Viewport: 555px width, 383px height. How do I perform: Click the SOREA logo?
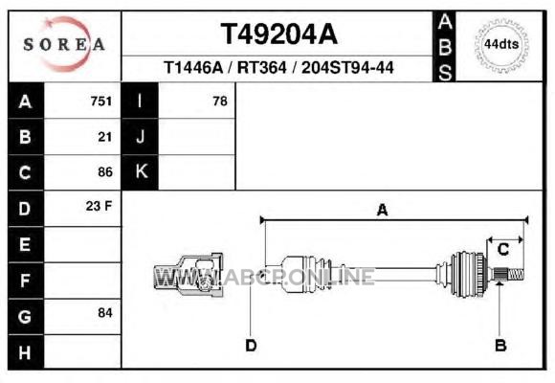coord(64,44)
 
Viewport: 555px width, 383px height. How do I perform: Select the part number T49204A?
coord(279,34)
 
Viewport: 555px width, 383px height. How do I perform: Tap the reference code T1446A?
coord(193,67)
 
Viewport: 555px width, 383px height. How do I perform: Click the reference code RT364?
coord(261,67)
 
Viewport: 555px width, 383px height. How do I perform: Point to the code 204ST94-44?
coord(347,67)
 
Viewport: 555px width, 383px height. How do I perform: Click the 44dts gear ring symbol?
coord(501,45)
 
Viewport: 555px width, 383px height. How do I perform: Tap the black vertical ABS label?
coord(445,47)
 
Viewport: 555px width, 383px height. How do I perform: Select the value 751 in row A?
coord(101,101)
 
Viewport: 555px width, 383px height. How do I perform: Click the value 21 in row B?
coord(104,137)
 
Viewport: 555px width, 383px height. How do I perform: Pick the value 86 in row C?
coord(105,172)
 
